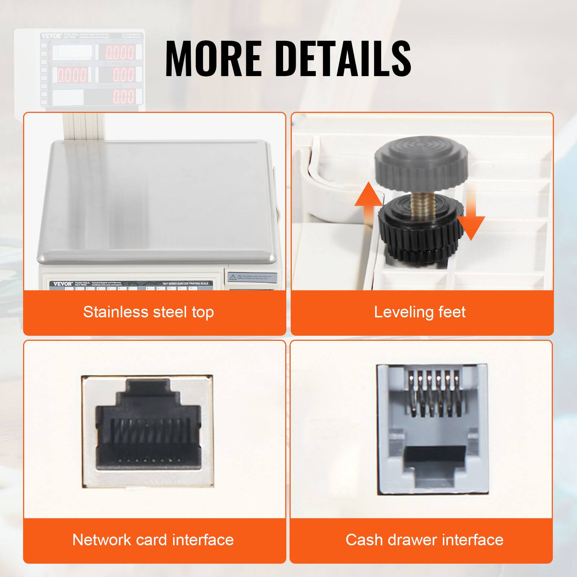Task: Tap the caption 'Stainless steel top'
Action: pyautogui.click(x=149, y=312)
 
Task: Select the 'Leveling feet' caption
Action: pyautogui.click(x=420, y=312)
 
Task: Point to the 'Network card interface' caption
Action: pyautogui.click(x=153, y=540)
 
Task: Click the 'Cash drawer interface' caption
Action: pyautogui.click(x=424, y=540)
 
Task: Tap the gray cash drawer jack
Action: pyautogui.click(x=432, y=429)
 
